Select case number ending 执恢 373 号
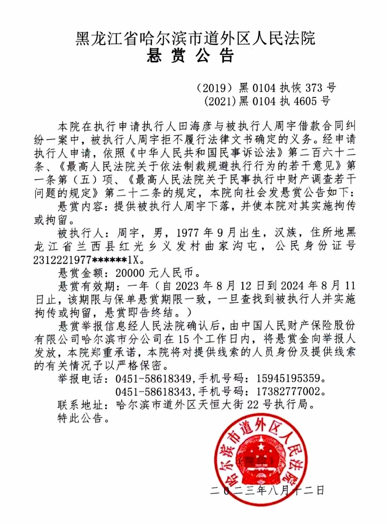pyautogui.click(x=266, y=88)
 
